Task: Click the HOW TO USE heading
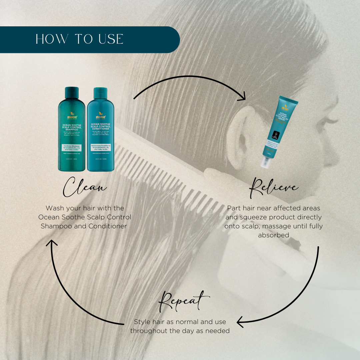[79, 39]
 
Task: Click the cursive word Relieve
[274, 187]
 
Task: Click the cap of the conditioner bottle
[100, 92]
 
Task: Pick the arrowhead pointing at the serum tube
[243, 98]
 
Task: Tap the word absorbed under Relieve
[273, 235]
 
